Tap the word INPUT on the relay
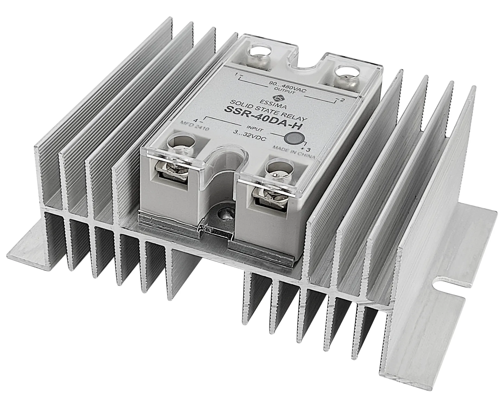(x=254, y=128)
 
